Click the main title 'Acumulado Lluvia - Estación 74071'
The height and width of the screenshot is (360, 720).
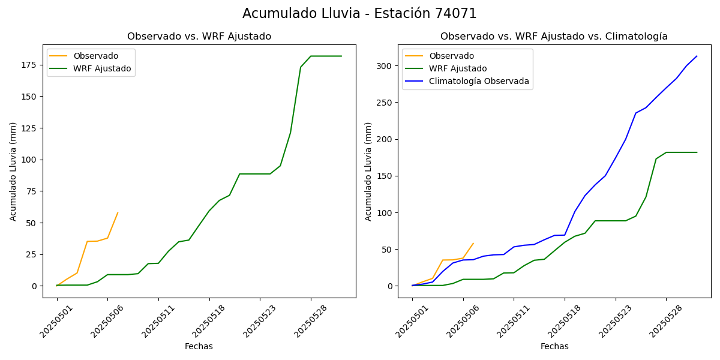pos(359,14)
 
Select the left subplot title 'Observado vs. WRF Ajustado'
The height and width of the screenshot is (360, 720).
pos(199,37)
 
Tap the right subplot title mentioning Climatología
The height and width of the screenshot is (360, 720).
pos(554,37)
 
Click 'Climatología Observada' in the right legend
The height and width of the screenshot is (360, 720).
pos(479,82)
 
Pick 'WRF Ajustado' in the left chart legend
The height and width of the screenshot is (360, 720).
pos(102,68)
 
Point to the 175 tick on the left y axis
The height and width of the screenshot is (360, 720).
pos(29,65)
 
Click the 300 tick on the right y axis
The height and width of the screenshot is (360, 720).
pos(384,66)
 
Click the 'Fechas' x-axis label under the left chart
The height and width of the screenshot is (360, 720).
pos(199,346)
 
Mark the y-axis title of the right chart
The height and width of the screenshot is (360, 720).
pos(368,171)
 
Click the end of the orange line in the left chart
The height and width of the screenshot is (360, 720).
pos(118,212)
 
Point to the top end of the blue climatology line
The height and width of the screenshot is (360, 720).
pos(697,56)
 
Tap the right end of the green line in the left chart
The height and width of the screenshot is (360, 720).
pos(341,56)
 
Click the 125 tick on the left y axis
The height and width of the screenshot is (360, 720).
pos(29,128)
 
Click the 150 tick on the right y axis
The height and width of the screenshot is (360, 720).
pos(384,176)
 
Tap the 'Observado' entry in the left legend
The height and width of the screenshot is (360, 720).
pos(96,56)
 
